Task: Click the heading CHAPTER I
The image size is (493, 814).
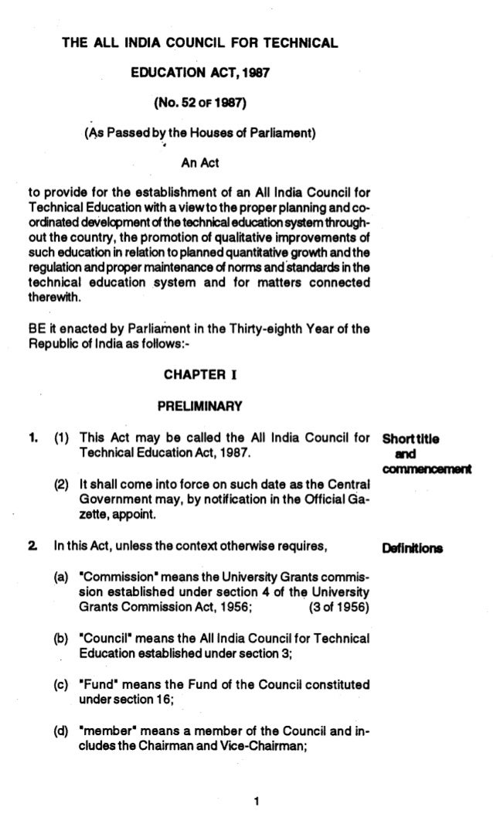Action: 200,376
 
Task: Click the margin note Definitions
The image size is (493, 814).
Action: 413,550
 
